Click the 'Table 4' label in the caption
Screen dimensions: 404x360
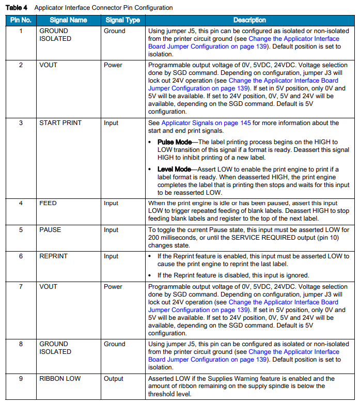(x=17, y=8)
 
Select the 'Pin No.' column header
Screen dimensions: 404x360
(x=20, y=20)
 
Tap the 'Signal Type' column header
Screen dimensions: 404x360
(x=122, y=20)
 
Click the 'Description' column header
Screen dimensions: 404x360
(x=249, y=20)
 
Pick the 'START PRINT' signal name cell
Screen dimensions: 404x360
(x=60, y=123)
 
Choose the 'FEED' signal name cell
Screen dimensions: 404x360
(x=48, y=203)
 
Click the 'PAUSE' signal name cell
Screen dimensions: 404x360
(x=50, y=230)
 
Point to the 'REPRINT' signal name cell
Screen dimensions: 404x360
(x=53, y=256)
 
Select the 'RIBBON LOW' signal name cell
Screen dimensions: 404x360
(x=60, y=379)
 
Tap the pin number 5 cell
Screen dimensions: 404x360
(x=21, y=230)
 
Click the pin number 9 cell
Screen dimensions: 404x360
(x=21, y=379)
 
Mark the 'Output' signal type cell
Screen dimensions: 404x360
(x=114, y=379)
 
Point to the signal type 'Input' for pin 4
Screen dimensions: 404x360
(x=111, y=203)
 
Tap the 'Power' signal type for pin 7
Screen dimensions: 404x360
(x=113, y=287)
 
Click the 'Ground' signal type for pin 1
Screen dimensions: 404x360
(x=114, y=31)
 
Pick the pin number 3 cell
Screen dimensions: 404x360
(x=21, y=123)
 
